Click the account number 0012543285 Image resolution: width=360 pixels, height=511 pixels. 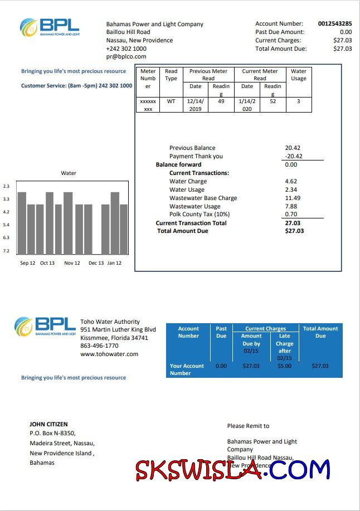pyautogui.click(x=334, y=24)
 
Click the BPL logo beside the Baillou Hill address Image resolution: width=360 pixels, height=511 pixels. pyautogui.click(x=50, y=26)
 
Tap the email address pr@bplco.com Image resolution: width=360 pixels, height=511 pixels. pyautogui.click(x=126, y=57)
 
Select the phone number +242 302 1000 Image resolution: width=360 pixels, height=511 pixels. pyautogui.click(x=127, y=48)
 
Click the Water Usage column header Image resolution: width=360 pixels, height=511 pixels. pyautogui.click(x=299, y=75)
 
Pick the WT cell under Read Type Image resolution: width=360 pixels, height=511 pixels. pyautogui.click(x=171, y=101)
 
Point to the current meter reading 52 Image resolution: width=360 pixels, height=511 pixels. pyautogui.click(x=273, y=101)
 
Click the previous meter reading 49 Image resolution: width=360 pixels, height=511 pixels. pyautogui.click(x=221, y=101)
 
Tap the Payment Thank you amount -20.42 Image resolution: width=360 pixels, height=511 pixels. pyautogui.click(x=293, y=157)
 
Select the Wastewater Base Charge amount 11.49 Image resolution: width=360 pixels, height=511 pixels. pyautogui.click(x=293, y=198)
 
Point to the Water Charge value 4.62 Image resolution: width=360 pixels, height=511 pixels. pyautogui.click(x=291, y=181)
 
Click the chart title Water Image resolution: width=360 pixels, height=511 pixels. pyautogui.click(x=69, y=173)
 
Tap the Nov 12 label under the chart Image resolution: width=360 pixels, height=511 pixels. pyautogui.click(x=72, y=263)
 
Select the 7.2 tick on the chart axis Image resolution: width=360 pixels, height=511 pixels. pyautogui.click(x=6, y=251)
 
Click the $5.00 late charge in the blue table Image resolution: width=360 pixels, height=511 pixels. pyautogui.click(x=284, y=366)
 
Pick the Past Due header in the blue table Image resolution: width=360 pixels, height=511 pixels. pyautogui.click(x=221, y=332)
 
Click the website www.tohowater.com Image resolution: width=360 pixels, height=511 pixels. pyautogui.click(x=109, y=354)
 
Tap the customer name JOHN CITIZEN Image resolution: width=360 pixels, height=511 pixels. pyautogui.click(x=48, y=424)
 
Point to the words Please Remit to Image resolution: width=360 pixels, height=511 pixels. pyautogui.click(x=248, y=426)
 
